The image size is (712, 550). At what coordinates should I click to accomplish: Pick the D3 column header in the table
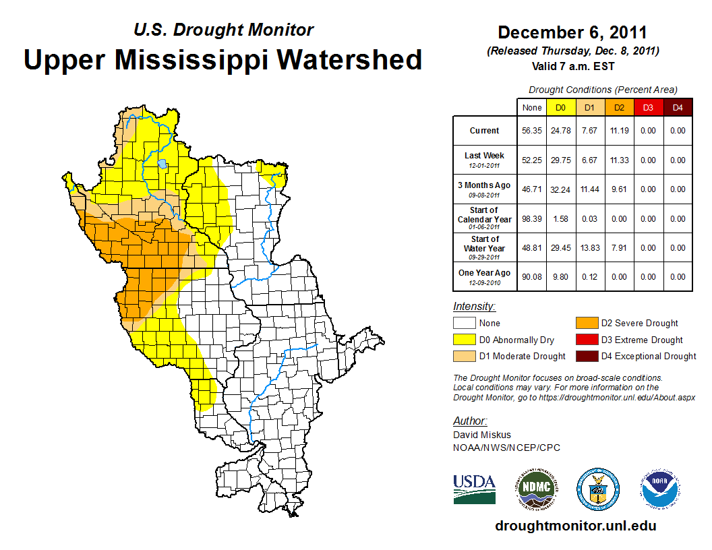coord(648,107)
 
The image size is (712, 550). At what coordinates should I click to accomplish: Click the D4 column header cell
coord(678,107)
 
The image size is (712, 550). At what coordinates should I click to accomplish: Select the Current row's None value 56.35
coord(532,131)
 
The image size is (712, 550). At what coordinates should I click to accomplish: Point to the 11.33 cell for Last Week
coord(619,160)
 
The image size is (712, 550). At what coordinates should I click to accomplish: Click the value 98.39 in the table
coord(532,219)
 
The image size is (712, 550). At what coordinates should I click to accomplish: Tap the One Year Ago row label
coord(485,273)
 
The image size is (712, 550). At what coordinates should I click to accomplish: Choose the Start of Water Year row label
coord(485,244)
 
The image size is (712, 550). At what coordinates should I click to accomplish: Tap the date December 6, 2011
coord(572,32)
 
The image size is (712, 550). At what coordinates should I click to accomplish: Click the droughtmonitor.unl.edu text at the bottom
coord(575,526)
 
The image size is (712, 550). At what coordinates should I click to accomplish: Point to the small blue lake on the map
coord(162,163)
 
